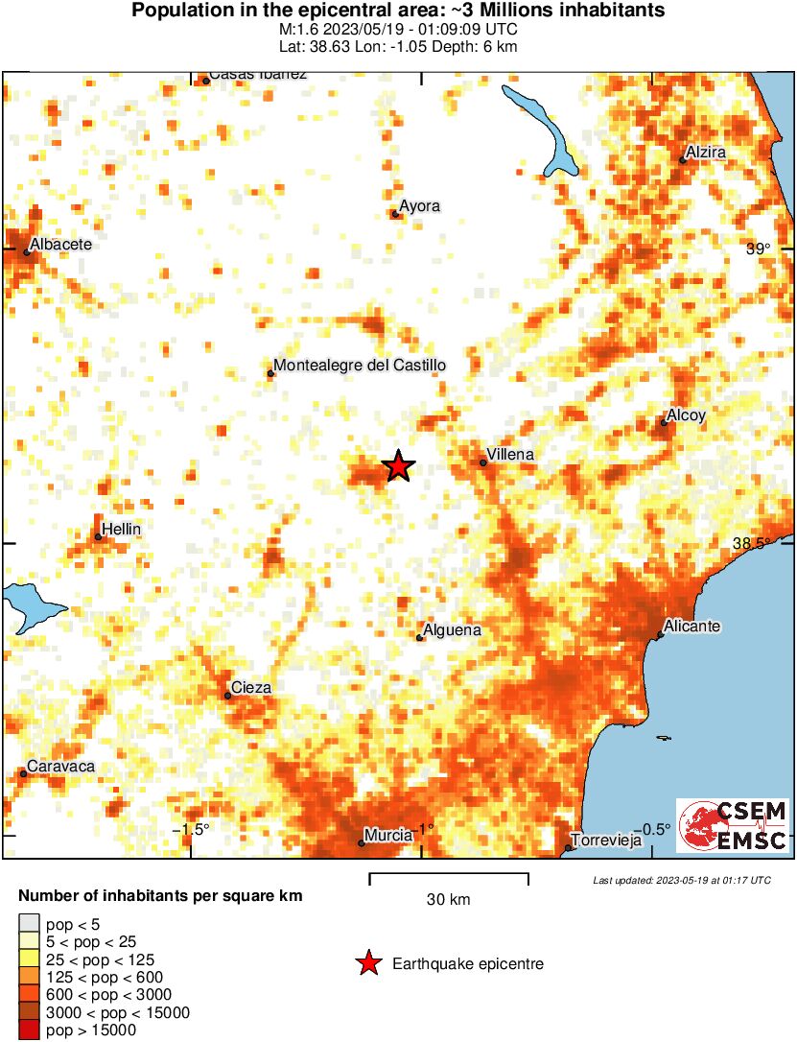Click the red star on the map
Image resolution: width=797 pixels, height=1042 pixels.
pyautogui.click(x=399, y=466)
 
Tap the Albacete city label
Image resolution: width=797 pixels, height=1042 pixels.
pyautogui.click(x=60, y=245)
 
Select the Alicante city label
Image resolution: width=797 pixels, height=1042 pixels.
pyautogui.click(x=692, y=627)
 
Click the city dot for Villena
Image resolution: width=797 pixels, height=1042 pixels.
pyautogui.click(x=483, y=463)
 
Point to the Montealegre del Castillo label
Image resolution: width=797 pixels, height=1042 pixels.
pyautogui.click(x=360, y=366)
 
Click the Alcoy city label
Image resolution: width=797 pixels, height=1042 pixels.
pyautogui.click(x=686, y=415)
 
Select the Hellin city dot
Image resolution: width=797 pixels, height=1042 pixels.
pyautogui.click(x=99, y=537)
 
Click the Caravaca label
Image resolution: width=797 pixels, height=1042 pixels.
pyautogui.click(x=60, y=767)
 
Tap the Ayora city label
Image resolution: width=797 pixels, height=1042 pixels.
pyautogui.click(x=419, y=205)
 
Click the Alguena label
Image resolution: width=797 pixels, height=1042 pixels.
pyautogui.click(x=452, y=630)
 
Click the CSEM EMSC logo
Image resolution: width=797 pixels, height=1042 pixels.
pyautogui.click(x=733, y=825)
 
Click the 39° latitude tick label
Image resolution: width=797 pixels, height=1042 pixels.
pyautogui.click(x=759, y=249)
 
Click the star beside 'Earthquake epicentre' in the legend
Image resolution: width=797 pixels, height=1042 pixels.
pyautogui.click(x=368, y=963)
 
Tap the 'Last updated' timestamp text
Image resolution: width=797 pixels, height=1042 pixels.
pyautogui.click(x=681, y=880)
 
